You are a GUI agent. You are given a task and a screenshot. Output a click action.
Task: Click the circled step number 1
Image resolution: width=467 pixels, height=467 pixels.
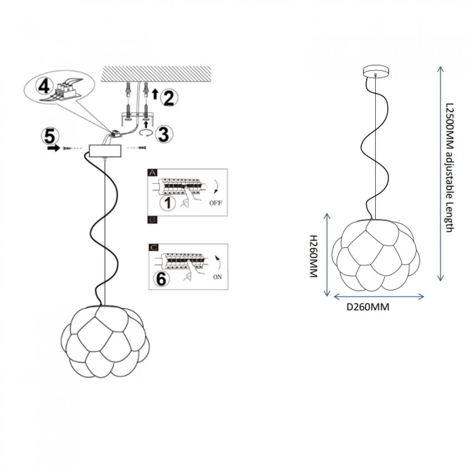[x=167, y=203]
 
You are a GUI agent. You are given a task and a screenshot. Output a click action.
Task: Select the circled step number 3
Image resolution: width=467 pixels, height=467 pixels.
[x=164, y=134]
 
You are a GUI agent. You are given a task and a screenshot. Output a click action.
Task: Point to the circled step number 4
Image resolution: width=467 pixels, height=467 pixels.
[x=44, y=86]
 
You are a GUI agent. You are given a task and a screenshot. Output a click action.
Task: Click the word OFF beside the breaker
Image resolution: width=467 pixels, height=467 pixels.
[x=216, y=203]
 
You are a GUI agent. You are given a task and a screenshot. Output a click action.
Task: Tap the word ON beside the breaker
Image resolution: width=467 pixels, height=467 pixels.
[x=217, y=277]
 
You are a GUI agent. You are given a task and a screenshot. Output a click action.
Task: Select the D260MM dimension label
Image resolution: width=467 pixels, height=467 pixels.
[x=368, y=307]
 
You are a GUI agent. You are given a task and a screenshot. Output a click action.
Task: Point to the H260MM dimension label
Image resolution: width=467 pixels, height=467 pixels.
[x=313, y=256]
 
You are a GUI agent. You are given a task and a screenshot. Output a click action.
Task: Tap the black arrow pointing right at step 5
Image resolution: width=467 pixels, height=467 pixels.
[x=53, y=149]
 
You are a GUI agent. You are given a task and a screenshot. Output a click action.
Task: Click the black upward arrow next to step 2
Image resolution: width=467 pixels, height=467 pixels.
[x=155, y=93]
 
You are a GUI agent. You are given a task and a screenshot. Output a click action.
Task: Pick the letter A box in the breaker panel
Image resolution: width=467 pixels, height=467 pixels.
[x=153, y=173]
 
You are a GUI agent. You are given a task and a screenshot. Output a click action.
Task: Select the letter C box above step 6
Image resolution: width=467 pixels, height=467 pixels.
[x=153, y=248]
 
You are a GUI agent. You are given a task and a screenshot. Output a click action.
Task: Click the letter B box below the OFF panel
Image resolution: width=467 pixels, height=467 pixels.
[x=153, y=220]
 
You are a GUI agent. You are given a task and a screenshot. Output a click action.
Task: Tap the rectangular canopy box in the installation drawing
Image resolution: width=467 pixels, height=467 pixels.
[x=105, y=151]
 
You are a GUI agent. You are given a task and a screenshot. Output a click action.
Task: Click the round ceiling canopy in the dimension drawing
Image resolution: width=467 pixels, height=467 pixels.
[x=376, y=71]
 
